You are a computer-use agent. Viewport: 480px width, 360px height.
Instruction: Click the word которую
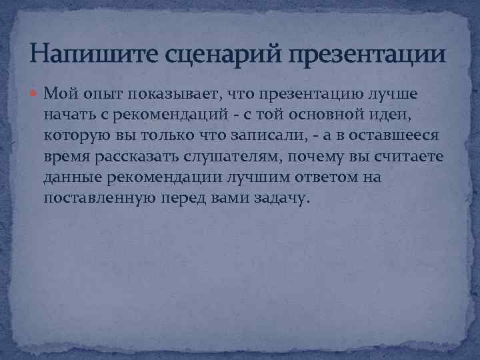coord(79,135)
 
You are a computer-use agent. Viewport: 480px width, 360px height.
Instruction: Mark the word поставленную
coord(101,199)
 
